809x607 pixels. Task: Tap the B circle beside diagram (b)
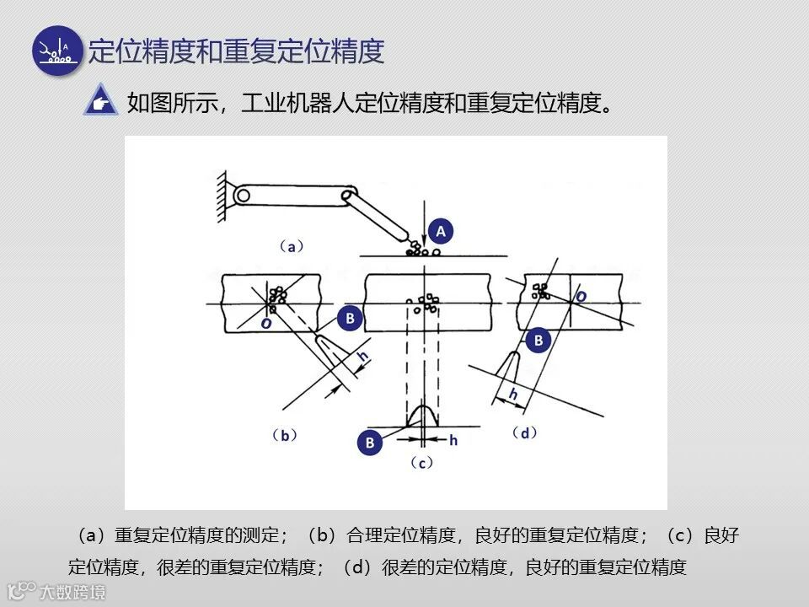(x=349, y=319)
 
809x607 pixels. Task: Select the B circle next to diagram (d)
(x=538, y=341)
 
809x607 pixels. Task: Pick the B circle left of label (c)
(x=369, y=443)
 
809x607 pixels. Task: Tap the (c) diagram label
(x=421, y=463)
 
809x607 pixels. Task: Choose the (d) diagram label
(x=525, y=432)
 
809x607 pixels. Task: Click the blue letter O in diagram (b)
(x=265, y=324)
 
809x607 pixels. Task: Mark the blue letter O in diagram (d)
(x=581, y=297)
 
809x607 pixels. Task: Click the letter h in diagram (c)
(x=453, y=440)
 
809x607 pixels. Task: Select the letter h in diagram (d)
(x=513, y=393)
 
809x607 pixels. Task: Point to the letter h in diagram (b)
(x=362, y=357)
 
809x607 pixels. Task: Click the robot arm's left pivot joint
(x=244, y=196)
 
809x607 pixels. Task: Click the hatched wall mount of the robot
(x=222, y=196)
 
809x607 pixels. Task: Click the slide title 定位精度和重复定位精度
(x=237, y=51)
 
